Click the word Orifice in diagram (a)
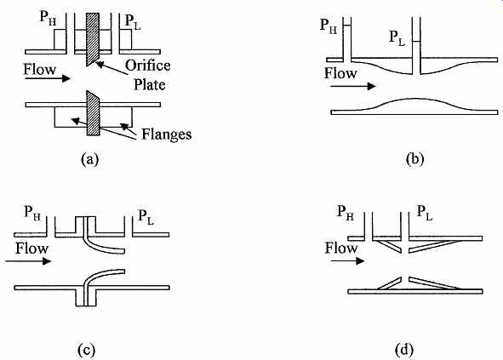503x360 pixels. pyautogui.click(x=147, y=66)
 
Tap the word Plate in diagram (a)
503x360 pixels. pyautogui.click(x=150, y=85)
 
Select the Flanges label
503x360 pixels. pyautogui.click(x=167, y=134)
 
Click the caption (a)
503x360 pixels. pyautogui.click(x=90, y=159)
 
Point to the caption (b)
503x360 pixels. pyautogui.click(x=414, y=159)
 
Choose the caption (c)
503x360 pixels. pyautogui.click(x=87, y=350)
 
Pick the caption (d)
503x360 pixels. pyautogui.click(x=404, y=350)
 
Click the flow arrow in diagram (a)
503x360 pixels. pyautogui.click(x=48, y=78)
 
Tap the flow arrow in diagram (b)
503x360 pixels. pyautogui.click(x=353, y=86)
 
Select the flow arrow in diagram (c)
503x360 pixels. pyautogui.click(x=28, y=261)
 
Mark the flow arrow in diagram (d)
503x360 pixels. pyautogui.click(x=348, y=261)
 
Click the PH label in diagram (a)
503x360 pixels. pyautogui.click(x=48, y=18)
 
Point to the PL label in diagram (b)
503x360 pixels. pyautogui.click(x=397, y=37)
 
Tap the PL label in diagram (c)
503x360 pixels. pyautogui.click(x=146, y=216)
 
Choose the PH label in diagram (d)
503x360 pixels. pyautogui.click(x=346, y=213)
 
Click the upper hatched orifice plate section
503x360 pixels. pyautogui.click(x=93, y=38)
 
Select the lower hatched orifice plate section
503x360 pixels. pyautogui.click(x=94, y=113)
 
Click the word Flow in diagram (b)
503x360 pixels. pyautogui.click(x=340, y=73)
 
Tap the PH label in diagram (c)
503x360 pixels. pyautogui.click(x=32, y=213)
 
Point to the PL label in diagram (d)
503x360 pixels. pyautogui.click(x=425, y=213)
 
